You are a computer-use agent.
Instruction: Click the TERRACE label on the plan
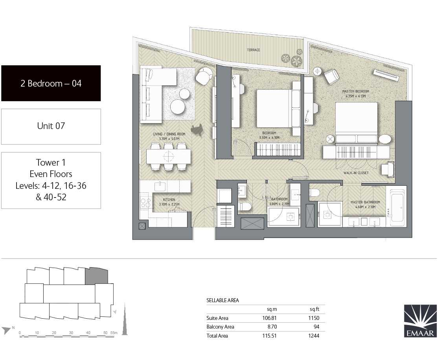tap(254, 50)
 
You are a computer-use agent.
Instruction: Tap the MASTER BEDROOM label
tap(355, 91)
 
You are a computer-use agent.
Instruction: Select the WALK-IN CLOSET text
tap(356, 173)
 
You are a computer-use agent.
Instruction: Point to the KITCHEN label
tap(169, 199)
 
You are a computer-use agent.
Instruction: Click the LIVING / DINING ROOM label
tap(169, 134)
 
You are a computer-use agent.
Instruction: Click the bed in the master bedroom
tap(356, 122)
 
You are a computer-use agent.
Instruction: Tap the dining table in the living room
tap(169, 157)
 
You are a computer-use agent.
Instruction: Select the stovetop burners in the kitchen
tap(145, 203)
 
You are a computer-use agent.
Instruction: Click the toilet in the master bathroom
tap(315, 192)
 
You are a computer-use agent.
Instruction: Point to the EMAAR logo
tap(421, 321)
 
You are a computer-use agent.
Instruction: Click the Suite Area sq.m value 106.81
tap(270, 318)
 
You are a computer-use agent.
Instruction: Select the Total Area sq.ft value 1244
tap(314, 336)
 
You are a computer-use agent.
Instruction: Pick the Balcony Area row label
tap(220, 327)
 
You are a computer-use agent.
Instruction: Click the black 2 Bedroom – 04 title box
tap(51, 83)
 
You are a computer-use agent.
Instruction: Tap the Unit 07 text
tap(51, 126)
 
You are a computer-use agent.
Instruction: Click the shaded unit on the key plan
tap(96, 275)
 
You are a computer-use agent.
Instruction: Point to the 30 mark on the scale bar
tap(71, 333)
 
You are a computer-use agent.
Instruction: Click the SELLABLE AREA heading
tap(223, 300)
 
